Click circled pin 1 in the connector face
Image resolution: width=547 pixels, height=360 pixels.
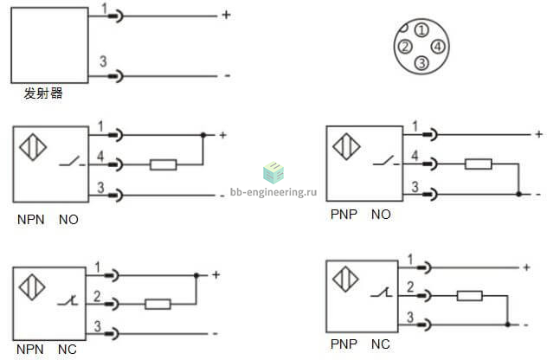422,30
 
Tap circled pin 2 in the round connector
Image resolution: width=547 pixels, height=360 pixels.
405,47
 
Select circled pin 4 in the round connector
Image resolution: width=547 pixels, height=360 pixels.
438,47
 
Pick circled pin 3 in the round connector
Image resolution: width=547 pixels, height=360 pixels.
422,63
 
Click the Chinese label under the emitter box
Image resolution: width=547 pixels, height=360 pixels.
43,93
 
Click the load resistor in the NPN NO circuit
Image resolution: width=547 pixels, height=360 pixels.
164,164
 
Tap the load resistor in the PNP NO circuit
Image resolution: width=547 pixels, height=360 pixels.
479,164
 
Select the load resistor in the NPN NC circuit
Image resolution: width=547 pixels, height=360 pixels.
158,305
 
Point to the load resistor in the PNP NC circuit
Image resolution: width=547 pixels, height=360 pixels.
470,296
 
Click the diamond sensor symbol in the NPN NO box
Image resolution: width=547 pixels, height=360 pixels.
33,147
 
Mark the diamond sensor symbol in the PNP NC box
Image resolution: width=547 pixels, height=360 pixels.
345,279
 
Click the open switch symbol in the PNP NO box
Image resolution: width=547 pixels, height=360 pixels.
386,161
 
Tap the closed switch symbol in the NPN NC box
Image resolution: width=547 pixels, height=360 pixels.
68,300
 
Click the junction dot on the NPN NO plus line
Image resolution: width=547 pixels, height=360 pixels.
203,135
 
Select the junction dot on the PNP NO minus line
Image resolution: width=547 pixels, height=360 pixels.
518,194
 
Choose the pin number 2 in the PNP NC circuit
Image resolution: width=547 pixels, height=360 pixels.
410,287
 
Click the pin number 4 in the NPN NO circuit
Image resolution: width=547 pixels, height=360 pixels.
100,156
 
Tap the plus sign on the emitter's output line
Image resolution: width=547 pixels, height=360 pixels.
227,15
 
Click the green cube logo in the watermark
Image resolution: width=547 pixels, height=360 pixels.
273,173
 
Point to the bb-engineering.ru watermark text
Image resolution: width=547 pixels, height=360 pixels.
273,192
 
